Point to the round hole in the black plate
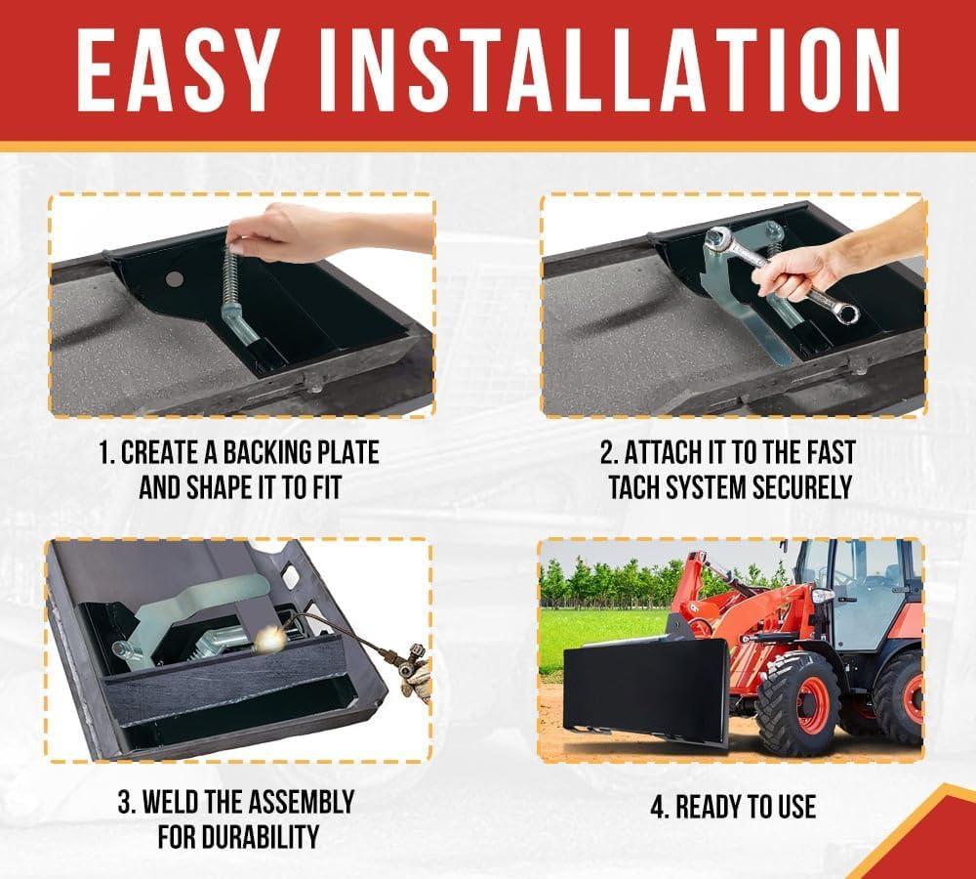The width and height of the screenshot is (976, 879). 175,279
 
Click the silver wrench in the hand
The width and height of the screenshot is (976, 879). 781,274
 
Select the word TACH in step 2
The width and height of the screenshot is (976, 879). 633,486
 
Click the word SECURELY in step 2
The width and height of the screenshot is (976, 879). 801,486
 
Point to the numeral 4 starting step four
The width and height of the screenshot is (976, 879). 658,807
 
